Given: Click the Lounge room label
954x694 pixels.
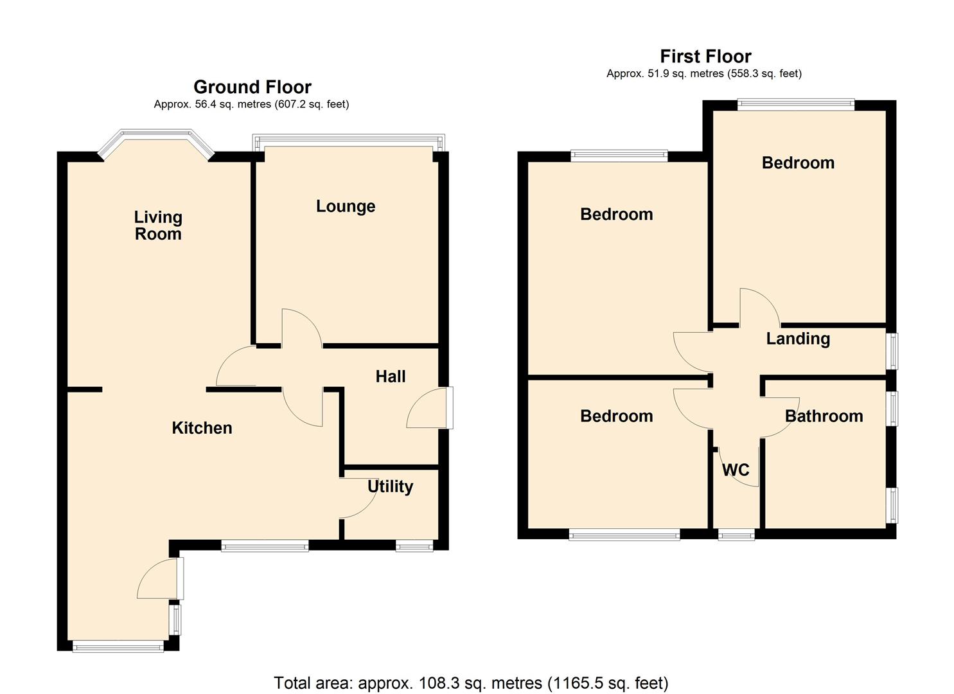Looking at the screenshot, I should pos(346,206).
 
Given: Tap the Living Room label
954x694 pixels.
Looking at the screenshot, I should pos(158,226).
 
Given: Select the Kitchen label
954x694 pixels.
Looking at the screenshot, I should pos(202,428).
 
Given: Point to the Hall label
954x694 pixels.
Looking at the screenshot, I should pos(391,377).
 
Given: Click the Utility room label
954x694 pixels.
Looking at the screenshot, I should pos(390,486).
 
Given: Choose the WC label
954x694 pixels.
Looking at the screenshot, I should pos(736,470).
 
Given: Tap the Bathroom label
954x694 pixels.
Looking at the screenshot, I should pos(824,416).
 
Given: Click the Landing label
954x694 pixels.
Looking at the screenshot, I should pos(798,339).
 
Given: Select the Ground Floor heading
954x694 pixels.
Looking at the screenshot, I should pos(252,87).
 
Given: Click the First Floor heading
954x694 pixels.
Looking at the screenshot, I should pos(705,57).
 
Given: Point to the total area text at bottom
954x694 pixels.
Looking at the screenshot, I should pos(471,682).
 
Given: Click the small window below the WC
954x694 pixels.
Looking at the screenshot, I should pos(736,534).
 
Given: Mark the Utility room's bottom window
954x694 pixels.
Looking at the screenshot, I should pos(414,546).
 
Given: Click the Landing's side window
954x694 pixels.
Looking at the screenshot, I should pos(893,351).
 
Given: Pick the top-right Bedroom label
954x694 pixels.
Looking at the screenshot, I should pos(798,163).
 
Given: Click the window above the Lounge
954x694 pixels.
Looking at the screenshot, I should pos(348,140).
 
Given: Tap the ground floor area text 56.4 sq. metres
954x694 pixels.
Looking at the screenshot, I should pos(252,104).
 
